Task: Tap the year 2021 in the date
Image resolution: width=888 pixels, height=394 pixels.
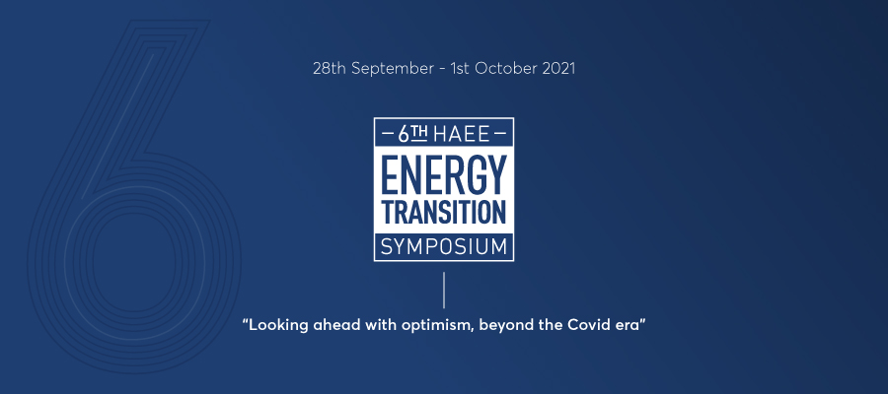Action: [x=558, y=68]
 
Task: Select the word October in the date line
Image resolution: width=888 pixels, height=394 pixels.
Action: [x=506, y=68]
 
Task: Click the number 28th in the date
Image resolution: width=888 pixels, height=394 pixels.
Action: [x=330, y=68]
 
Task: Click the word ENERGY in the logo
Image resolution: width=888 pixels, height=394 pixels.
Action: [x=443, y=174]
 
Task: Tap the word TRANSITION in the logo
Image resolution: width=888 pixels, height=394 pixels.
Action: [x=443, y=213]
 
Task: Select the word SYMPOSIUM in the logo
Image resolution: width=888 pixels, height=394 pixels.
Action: [x=443, y=247]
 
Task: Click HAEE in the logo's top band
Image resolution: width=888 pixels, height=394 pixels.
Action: [x=461, y=135]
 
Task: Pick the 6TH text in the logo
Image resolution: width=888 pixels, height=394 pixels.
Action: [x=412, y=134]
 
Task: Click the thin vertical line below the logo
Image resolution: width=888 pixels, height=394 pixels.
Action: [x=444, y=290]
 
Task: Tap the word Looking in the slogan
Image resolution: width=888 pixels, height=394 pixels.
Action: [x=276, y=326]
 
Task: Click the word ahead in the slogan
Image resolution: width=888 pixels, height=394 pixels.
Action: [x=328, y=325]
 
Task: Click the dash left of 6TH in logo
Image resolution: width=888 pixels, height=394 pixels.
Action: [x=389, y=135]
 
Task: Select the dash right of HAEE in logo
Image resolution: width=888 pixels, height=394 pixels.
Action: [x=499, y=135]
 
